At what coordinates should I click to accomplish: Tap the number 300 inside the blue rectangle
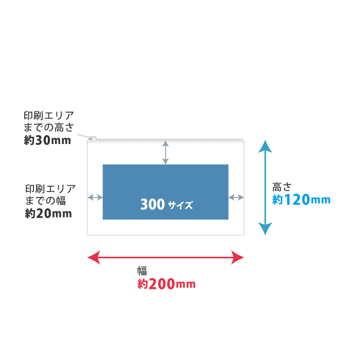(x=152, y=205)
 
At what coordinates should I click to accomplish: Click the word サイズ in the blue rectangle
(x=180, y=205)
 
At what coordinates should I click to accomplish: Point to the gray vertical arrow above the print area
(x=165, y=152)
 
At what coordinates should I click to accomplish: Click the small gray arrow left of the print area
(x=95, y=197)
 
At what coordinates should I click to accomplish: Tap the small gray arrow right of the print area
(x=236, y=197)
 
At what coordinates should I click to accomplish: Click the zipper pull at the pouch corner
(x=92, y=138)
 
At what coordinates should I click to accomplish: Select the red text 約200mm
(x=166, y=284)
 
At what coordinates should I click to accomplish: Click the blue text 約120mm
(x=301, y=200)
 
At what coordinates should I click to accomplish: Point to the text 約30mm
(x=47, y=140)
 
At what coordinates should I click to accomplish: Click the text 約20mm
(x=48, y=213)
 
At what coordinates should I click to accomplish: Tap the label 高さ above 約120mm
(x=282, y=187)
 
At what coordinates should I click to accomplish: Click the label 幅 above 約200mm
(x=142, y=271)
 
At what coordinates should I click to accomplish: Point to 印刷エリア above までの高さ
(x=49, y=115)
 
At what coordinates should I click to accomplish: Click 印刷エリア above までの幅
(x=50, y=188)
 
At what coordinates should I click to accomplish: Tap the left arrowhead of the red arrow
(x=93, y=257)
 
